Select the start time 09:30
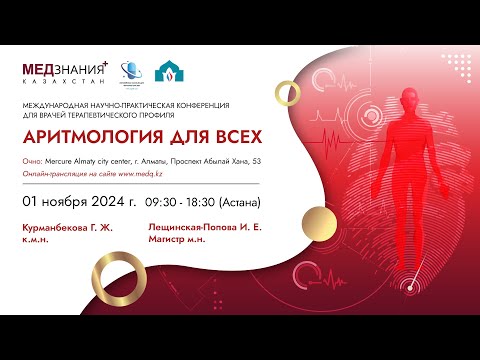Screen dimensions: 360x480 click(161, 202)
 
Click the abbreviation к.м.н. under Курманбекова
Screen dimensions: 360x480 click(35, 239)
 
